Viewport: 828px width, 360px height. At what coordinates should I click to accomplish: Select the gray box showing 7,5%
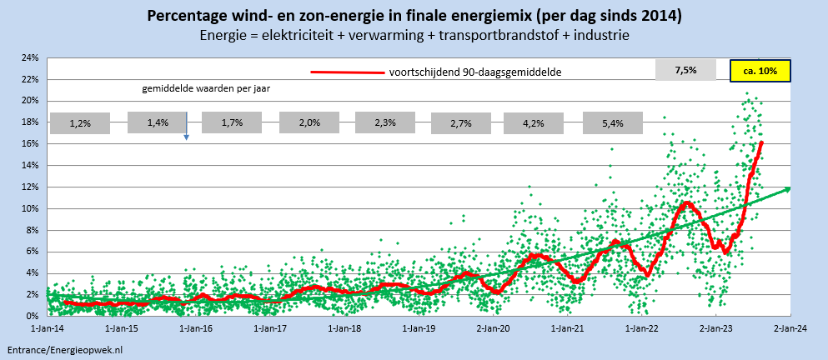click(x=685, y=71)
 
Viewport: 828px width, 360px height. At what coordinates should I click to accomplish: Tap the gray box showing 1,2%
click(x=80, y=123)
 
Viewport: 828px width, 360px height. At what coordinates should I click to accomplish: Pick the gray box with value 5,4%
click(x=613, y=123)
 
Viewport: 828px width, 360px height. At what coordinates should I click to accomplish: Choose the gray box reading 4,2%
click(x=534, y=123)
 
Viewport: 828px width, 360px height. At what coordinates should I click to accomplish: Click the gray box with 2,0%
click(x=310, y=123)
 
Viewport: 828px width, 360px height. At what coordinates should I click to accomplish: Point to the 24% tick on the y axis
click(x=30, y=58)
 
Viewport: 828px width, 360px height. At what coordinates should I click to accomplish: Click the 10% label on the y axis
click(x=30, y=209)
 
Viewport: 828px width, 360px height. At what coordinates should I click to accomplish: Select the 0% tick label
click(x=33, y=317)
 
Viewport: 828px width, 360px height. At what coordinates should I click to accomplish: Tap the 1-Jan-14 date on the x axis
click(x=48, y=329)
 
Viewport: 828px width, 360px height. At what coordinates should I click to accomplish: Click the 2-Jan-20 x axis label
click(x=494, y=329)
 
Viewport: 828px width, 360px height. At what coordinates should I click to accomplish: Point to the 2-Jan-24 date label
click(x=790, y=329)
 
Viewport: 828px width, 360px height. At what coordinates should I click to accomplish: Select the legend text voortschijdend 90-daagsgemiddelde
click(x=474, y=72)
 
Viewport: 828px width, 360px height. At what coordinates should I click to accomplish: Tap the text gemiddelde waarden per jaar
click(x=205, y=87)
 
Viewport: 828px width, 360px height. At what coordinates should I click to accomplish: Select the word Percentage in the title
click(x=186, y=17)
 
